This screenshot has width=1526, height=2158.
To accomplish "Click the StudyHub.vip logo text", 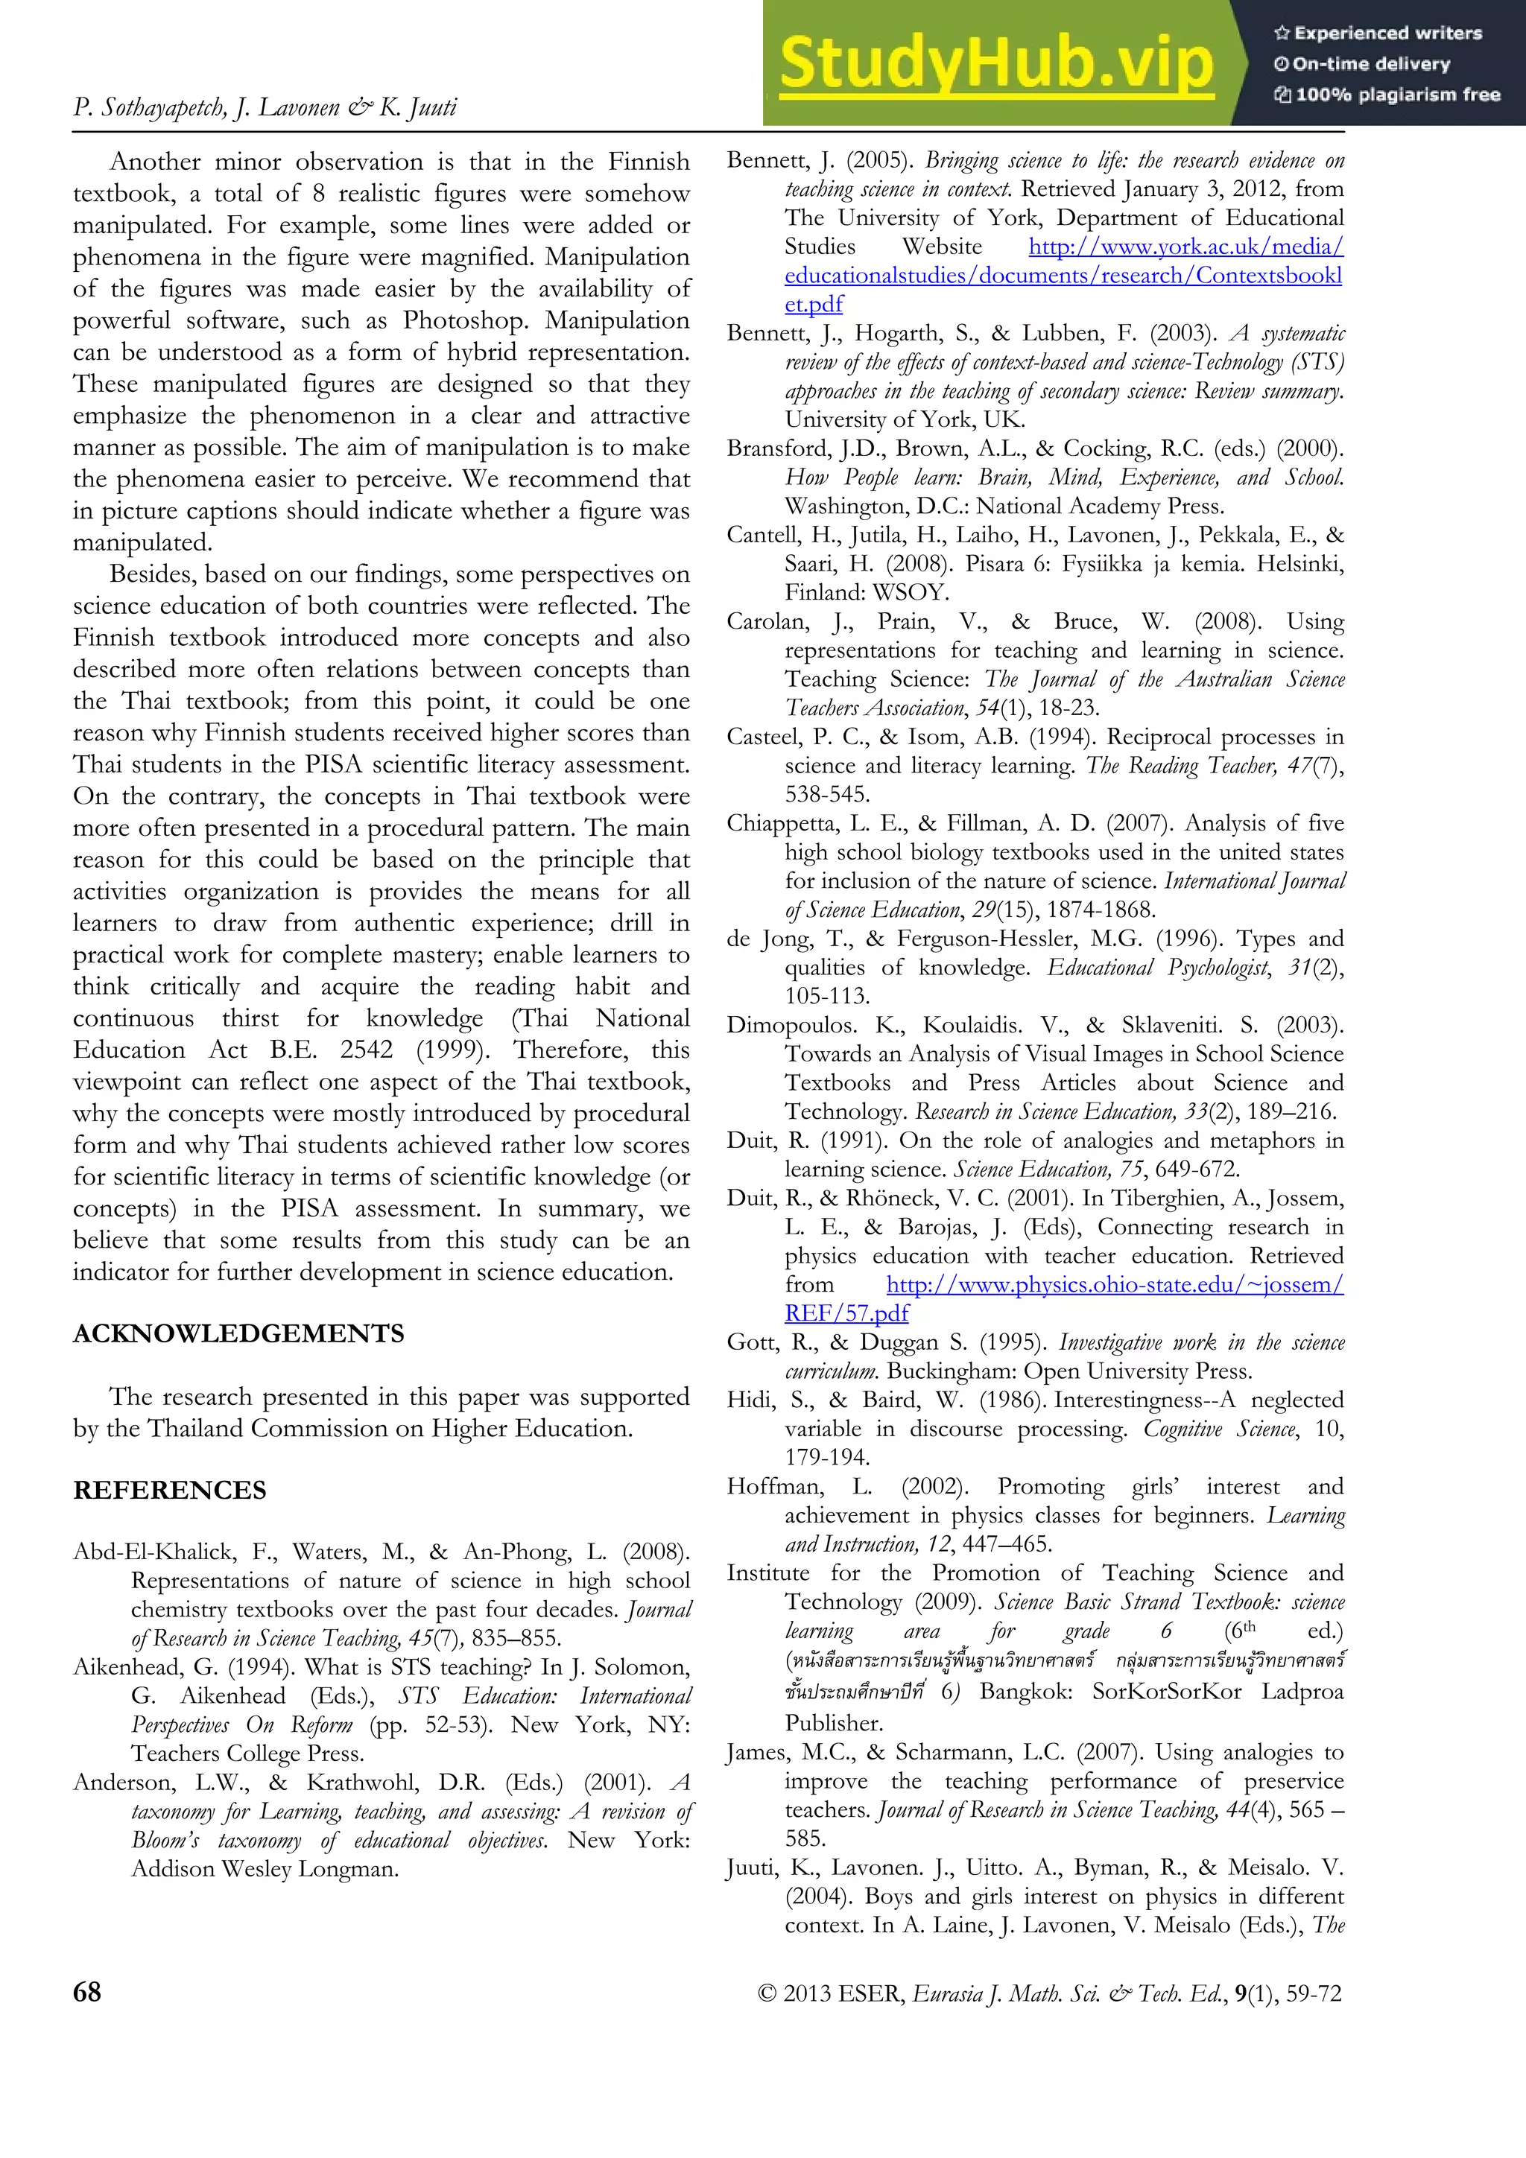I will [997, 64].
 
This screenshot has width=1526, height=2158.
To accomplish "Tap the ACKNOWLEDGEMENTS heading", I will [239, 1333].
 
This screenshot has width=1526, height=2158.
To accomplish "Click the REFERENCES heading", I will [170, 1490].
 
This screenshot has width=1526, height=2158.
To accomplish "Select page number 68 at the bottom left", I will [86, 1992].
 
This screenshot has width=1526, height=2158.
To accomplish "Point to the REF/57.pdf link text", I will [846, 1313].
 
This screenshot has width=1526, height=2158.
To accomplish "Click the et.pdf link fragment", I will [814, 305].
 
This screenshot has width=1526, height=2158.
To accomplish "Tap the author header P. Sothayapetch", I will [151, 107].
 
